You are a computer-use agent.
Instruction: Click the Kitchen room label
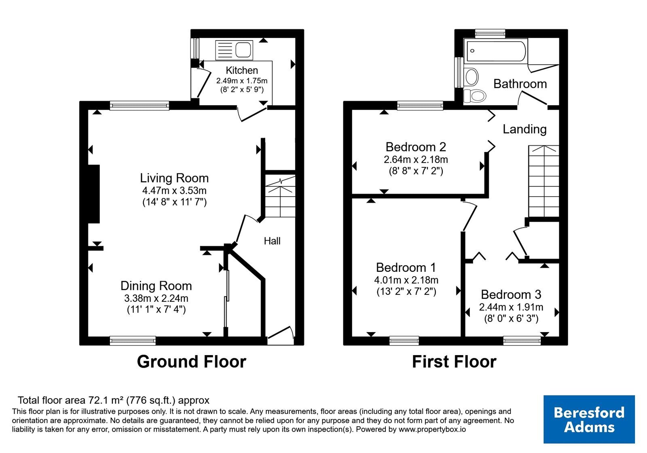(242, 70)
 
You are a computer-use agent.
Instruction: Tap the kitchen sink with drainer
(234, 50)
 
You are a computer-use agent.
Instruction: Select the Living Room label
(174, 178)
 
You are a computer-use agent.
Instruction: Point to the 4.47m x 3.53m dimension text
(174, 191)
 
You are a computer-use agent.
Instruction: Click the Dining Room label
(156, 286)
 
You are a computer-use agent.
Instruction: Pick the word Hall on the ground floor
(272, 241)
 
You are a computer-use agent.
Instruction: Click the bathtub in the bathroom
(496, 51)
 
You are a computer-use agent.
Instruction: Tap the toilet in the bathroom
(474, 95)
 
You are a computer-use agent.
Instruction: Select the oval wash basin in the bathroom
(472, 77)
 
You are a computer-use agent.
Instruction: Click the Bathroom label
(520, 84)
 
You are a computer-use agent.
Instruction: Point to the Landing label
(524, 129)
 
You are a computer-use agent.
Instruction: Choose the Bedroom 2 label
(416, 147)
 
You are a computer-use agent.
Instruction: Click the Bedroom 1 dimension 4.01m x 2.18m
(406, 280)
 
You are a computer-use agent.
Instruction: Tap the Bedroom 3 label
(511, 295)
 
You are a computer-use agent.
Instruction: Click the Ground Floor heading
(192, 362)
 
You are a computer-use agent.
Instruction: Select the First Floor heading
(454, 362)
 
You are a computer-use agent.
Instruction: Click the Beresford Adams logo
(589, 419)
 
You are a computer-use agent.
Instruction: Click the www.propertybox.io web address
(432, 429)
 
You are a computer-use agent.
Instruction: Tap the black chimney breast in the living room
(94, 194)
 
